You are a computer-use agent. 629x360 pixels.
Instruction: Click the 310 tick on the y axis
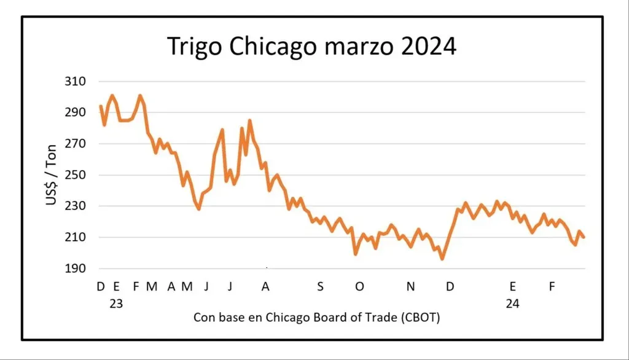(76, 82)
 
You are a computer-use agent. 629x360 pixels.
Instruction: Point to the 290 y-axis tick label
(76, 112)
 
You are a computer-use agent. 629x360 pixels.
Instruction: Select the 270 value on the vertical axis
(76, 144)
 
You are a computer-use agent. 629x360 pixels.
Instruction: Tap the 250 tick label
(76, 175)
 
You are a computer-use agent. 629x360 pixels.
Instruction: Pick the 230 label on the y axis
(76, 206)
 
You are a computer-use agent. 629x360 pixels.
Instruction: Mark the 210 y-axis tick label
(76, 238)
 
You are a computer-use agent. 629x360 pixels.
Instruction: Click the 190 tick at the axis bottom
(76, 269)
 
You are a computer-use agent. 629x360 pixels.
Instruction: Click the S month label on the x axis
(320, 286)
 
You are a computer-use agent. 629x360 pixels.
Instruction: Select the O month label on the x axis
(359, 286)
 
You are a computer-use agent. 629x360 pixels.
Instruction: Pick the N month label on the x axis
(412, 286)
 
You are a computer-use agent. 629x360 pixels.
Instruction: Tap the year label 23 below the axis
(115, 303)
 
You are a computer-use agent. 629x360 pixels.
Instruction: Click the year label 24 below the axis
(513, 303)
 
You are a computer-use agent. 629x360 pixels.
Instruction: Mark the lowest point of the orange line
(442, 259)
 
